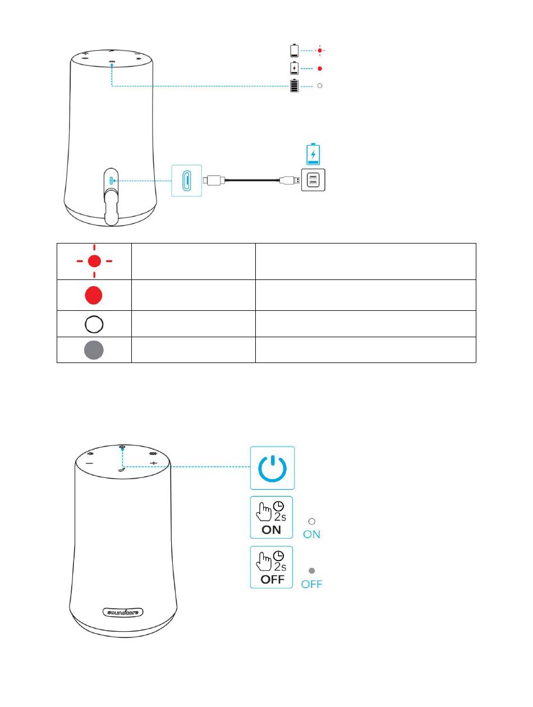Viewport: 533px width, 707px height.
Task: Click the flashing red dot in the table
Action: (x=94, y=261)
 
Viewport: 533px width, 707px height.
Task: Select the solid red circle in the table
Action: (x=94, y=295)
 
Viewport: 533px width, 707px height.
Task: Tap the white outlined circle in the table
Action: (x=94, y=324)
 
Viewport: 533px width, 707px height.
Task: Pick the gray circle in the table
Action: (x=94, y=350)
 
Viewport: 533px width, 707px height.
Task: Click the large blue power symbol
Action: (x=272, y=467)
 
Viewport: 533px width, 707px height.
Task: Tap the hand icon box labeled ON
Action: (x=272, y=517)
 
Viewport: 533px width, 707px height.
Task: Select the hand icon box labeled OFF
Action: (x=272, y=567)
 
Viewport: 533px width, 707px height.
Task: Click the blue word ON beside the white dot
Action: (x=312, y=535)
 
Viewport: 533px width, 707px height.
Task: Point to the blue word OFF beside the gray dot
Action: (x=312, y=584)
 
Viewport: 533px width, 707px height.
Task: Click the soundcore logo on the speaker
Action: (x=123, y=612)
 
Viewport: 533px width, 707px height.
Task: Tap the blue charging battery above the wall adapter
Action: (x=313, y=153)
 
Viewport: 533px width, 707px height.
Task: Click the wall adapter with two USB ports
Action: (x=313, y=180)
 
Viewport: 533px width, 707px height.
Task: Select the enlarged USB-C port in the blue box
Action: (x=186, y=181)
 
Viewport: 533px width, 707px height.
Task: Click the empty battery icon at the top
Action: (x=295, y=50)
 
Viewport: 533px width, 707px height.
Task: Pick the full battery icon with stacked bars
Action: (x=294, y=86)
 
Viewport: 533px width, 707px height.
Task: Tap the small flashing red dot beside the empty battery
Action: (x=320, y=50)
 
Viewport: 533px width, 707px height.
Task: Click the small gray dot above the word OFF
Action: (x=312, y=571)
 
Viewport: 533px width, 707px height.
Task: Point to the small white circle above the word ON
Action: (x=312, y=521)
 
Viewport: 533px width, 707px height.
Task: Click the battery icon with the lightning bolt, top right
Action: (x=295, y=68)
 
